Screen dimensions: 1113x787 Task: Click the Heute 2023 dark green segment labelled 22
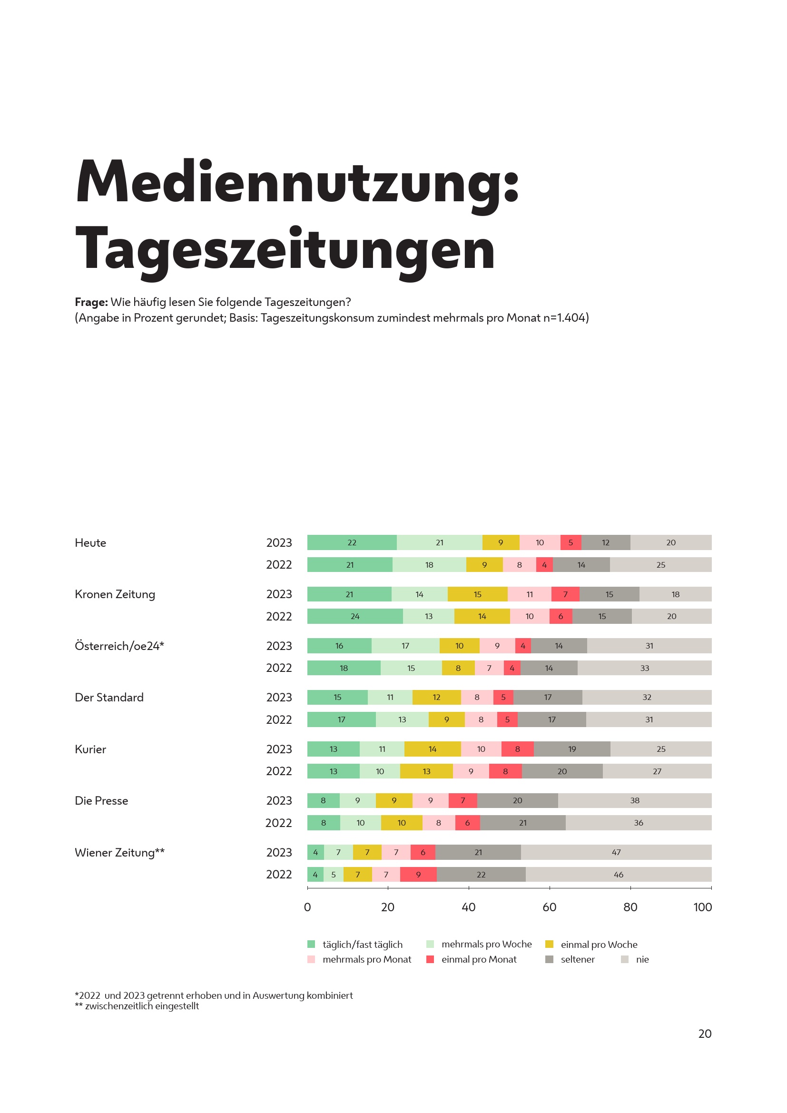tap(352, 542)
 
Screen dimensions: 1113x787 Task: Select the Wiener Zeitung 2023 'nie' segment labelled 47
tap(616, 852)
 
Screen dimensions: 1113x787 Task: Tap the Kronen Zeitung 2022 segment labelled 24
tap(355, 616)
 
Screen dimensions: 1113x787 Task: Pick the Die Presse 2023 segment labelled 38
tap(634, 800)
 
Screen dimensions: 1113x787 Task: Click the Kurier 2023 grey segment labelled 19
tap(572, 749)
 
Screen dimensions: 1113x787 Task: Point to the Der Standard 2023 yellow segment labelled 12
tap(436, 697)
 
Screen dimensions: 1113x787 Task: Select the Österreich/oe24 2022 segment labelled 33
tap(644, 668)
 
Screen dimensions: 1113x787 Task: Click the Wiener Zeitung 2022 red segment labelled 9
tap(418, 875)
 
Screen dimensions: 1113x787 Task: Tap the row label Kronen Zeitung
tap(115, 594)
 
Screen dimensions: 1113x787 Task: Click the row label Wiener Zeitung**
tap(119, 852)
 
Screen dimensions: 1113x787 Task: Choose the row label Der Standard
tap(109, 697)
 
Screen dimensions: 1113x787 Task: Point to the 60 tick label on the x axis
tap(549, 907)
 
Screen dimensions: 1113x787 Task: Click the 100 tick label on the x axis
tap(702, 907)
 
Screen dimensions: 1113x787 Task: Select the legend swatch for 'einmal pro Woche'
tap(549, 944)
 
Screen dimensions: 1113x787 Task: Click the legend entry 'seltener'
tap(577, 959)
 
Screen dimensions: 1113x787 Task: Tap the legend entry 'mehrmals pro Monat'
tap(366, 959)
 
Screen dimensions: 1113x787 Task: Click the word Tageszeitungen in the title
tap(285, 249)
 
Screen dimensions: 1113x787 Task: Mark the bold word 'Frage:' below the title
tap(91, 302)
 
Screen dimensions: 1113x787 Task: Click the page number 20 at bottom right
tap(705, 1034)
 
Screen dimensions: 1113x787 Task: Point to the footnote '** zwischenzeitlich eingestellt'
tap(137, 1006)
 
